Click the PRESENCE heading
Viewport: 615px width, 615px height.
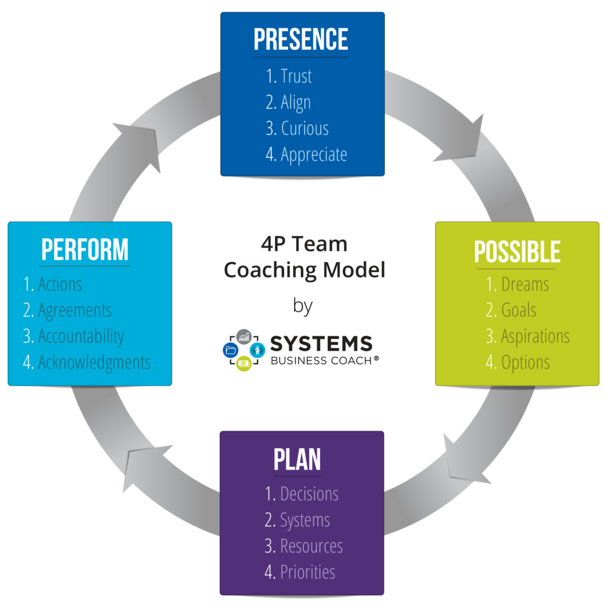click(301, 40)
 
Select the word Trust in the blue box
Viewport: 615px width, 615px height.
click(296, 76)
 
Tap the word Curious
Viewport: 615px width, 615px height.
click(304, 129)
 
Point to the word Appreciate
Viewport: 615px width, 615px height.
click(314, 154)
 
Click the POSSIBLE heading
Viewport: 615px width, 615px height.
click(517, 252)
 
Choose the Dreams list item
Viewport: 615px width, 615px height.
click(525, 284)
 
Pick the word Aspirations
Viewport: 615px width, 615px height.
click(535, 336)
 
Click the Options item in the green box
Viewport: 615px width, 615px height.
click(526, 362)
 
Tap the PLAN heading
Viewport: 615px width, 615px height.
click(297, 459)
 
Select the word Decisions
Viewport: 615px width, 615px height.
click(309, 494)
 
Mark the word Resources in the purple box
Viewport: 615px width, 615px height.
click(311, 546)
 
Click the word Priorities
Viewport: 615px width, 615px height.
click(307, 572)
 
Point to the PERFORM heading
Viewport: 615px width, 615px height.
click(85, 250)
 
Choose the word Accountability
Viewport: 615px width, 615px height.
click(80, 336)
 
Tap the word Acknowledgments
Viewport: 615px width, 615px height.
click(94, 362)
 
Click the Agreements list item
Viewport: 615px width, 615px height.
click(74, 311)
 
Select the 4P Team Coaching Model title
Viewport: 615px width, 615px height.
click(304, 257)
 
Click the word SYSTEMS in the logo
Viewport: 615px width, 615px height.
click(321, 345)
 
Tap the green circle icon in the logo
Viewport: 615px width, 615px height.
click(243, 363)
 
